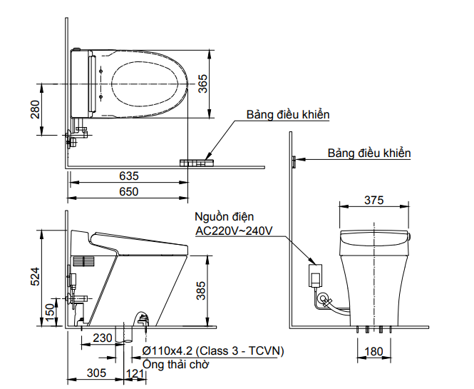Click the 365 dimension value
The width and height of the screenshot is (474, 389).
(x=202, y=84)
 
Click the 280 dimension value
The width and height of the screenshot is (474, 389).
(x=35, y=109)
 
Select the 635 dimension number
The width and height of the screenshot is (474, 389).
(x=129, y=176)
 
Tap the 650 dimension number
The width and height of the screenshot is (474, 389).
(x=129, y=191)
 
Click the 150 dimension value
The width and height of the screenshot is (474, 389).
(x=49, y=311)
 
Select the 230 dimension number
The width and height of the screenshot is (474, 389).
(x=103, y=338)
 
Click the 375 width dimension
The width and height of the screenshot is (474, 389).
(x=375, y=200)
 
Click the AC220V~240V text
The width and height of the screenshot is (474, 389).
(x=234, y=231)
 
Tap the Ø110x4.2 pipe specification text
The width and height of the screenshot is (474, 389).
(x=213, y=350)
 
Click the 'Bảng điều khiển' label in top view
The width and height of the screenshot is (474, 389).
(x=288, y=114)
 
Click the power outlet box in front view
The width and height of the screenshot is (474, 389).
(x=315, y=275)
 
